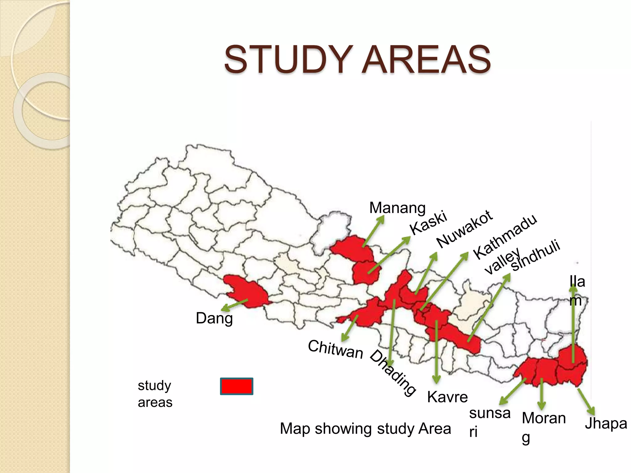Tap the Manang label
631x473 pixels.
pos(397,208)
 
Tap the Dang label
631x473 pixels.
pos(214,318)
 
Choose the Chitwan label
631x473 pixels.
pos(336,350)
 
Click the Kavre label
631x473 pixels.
pos(447,397)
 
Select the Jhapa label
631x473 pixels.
pos(606,424)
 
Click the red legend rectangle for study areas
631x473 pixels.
pos(237,386)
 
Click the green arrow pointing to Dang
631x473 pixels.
pos(234,305)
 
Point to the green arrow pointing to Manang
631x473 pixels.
pos(373,231)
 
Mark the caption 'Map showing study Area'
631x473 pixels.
pos(365,429)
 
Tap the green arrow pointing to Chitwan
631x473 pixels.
pos(350,328)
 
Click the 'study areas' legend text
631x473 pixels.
pos(155,394)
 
